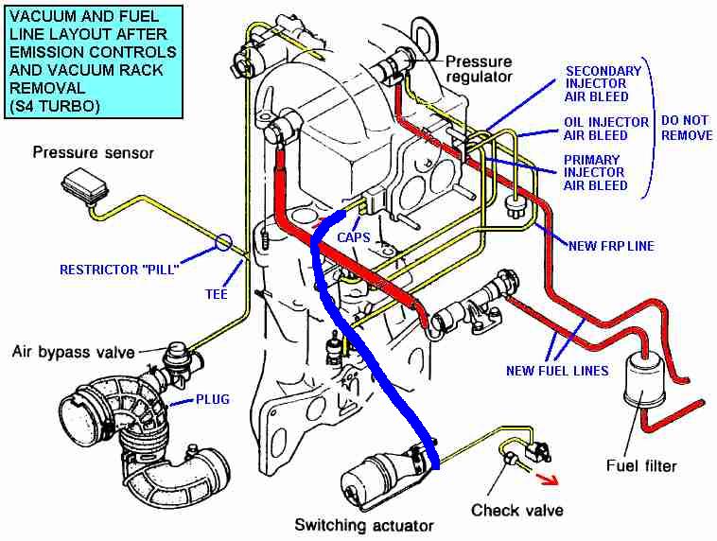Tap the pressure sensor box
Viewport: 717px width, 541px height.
(x=84, y=185)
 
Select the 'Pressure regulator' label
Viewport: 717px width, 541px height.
(x=479, y=69)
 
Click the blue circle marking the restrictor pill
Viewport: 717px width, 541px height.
(x=223, y=242)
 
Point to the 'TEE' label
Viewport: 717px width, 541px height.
(x=217, y=293)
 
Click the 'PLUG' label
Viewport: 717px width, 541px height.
(x=213, y=399)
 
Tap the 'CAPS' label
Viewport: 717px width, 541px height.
(x=354, y=237)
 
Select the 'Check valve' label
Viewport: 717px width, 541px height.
(x=517, y=510)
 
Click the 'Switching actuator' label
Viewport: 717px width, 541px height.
(x=364, y=525)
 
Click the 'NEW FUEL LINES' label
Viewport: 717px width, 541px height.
(x=557, y=371)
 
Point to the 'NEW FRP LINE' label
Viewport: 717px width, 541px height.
(x=611, y=246)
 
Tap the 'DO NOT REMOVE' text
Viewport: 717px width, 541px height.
(x=687, y=128)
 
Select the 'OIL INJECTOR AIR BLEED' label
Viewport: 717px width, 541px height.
(x=606, y=129)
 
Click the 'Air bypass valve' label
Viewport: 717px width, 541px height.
(x=73, y=352)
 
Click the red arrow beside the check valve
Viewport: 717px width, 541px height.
(x=548, y=479)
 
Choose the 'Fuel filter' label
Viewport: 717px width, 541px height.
(x=641, y=465)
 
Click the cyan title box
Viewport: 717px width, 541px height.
(x=94, y=61)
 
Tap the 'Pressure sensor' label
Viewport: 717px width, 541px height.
(x=93, y=152)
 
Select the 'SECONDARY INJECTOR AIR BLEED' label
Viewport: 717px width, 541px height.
(x=603, y=83)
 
